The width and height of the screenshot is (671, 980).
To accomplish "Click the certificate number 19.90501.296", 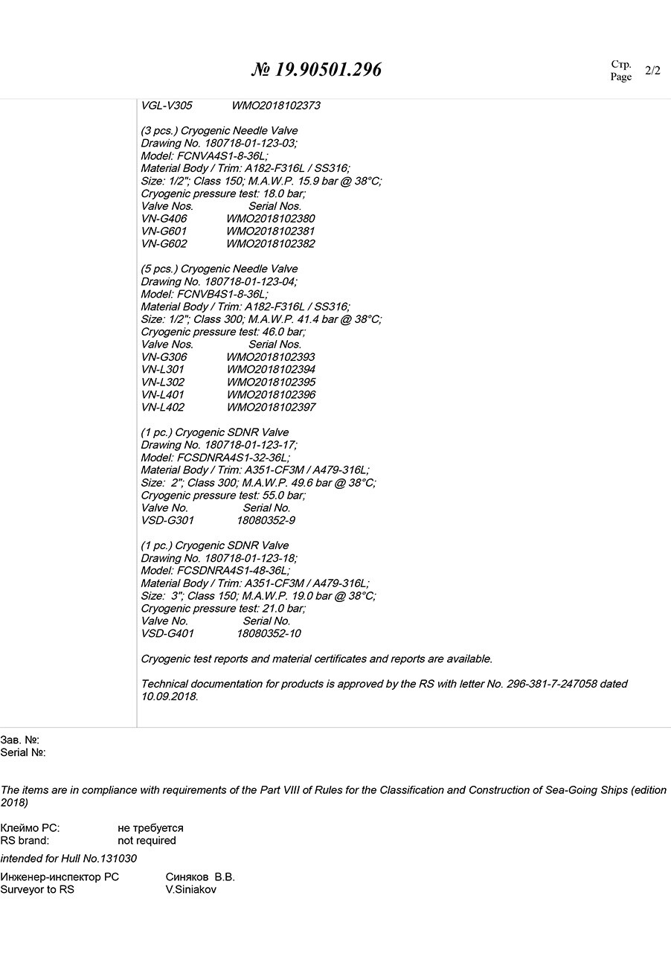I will point(327,70).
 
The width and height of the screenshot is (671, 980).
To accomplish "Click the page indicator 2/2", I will point(652,71).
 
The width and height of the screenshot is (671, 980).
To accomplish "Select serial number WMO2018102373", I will point(276,106).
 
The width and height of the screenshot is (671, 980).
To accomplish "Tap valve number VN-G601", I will point(164,231).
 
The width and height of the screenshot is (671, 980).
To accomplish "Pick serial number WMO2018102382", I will point(271,244).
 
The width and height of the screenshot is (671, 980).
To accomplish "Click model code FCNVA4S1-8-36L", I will point(221,156).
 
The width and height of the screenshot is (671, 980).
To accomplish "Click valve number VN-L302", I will point(163,382).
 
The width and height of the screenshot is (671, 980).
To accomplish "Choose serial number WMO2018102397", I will point(271,408).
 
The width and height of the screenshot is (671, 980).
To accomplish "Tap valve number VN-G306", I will point(164,357).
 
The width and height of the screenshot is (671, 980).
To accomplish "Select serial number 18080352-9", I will point(266,521).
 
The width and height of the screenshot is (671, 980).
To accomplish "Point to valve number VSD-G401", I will point(167,634).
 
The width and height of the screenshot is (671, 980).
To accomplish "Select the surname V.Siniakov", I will point(191,890).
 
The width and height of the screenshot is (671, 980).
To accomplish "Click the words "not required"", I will point(147,841).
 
